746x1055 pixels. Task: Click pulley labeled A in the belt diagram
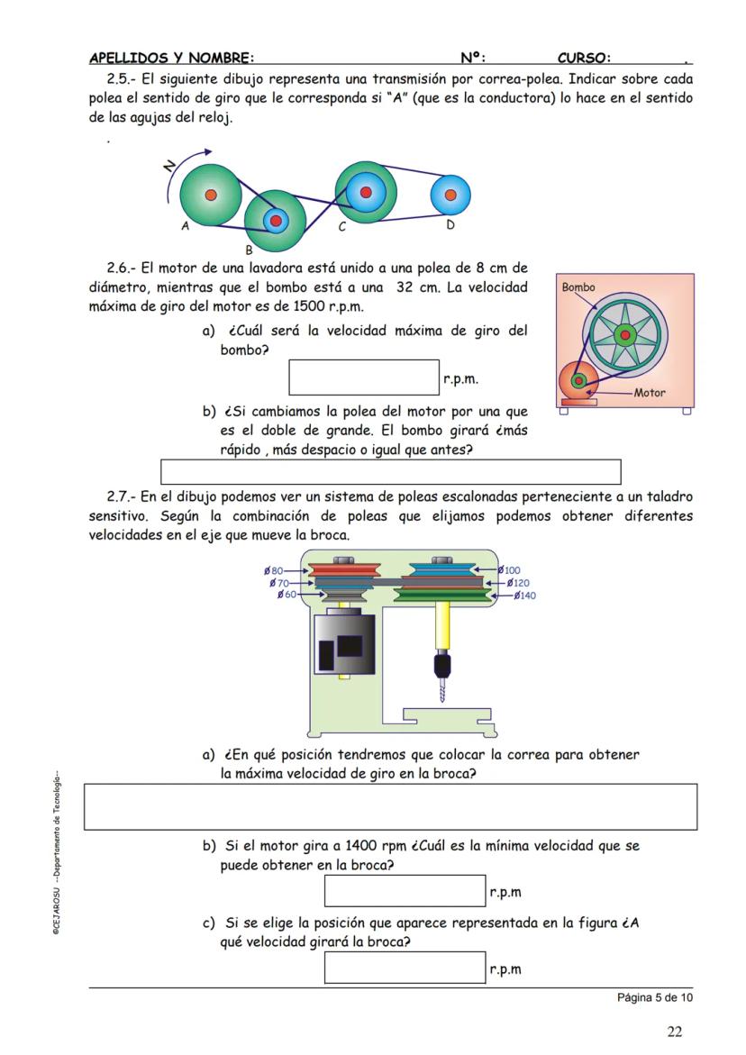point(210,194)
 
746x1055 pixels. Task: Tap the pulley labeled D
point(450,194)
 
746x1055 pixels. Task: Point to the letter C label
point(342,228)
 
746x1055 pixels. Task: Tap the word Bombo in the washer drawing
point(578,288)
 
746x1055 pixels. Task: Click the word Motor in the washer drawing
point(650,393)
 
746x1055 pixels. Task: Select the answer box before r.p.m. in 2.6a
point(363,377)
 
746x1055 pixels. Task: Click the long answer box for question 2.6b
point(390,472)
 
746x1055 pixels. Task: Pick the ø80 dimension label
point(274,570)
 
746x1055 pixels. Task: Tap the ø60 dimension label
point(287,595)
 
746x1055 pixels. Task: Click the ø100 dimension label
point(510,570)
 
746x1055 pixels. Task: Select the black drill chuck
point(441,668)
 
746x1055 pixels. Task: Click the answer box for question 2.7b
point(405,891)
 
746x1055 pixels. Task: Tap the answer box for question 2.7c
point(405,968)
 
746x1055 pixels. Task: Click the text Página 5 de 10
point(655,997)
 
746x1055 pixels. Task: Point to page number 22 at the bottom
point(674,1032)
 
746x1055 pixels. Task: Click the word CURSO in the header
point(584,58)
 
